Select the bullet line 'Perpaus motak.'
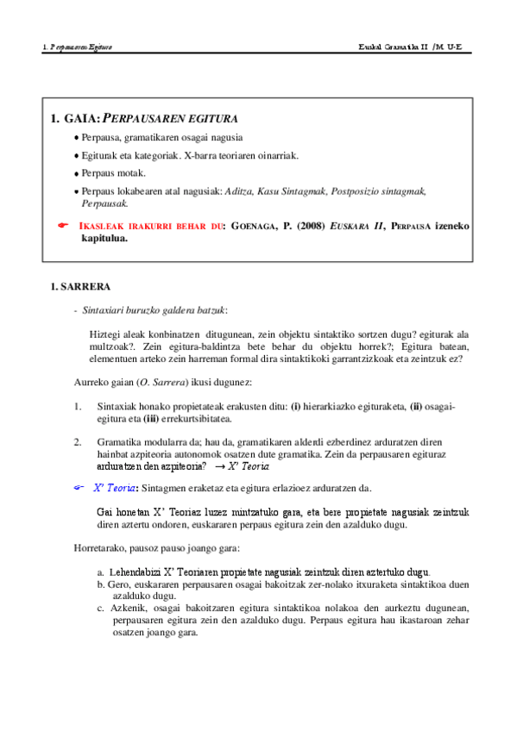point(115,172)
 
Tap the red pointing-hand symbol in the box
point(62,224)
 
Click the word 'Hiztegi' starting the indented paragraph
point(104,334)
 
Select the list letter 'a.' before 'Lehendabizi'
point(102,572)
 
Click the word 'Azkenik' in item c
point(128,608)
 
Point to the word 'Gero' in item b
point(117,584)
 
